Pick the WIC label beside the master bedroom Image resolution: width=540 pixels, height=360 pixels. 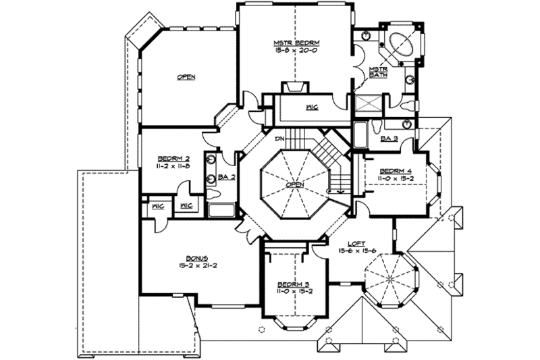(311, 107)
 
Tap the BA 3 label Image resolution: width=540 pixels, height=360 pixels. (389, 139)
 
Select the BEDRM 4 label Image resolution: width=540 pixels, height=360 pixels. (392, 170)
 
